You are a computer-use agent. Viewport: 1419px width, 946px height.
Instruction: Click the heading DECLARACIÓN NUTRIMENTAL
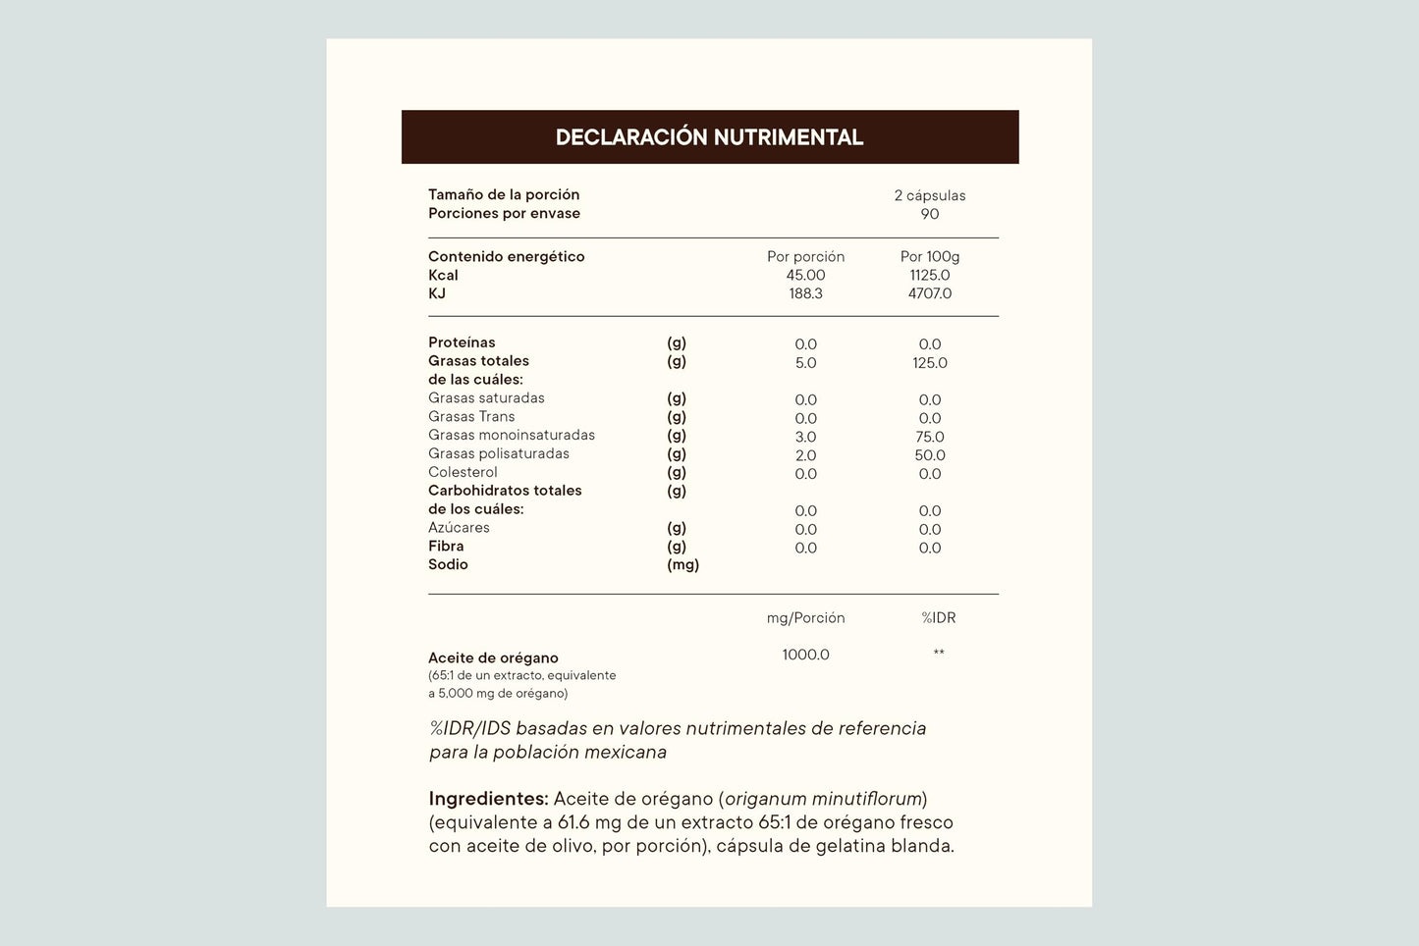[709, 137]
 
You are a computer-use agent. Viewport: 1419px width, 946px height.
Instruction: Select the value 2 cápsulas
[929, 195]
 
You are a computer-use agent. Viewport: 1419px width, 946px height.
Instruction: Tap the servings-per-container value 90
[929, 214]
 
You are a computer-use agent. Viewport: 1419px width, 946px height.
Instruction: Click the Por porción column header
[805, 256]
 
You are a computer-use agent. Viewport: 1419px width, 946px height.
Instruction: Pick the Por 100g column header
[929, 256]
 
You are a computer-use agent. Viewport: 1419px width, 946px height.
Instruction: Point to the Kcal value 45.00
[805, 275]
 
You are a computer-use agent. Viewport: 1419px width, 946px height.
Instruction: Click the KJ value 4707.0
[929, 293]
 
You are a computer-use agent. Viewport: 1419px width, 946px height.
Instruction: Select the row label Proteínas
[462, 342]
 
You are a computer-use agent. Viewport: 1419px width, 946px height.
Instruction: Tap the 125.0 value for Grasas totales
[929, 363]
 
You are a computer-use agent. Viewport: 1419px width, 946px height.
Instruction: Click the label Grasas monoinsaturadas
[512, 435]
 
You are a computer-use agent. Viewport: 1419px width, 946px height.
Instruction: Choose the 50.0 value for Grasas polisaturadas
[929, 455]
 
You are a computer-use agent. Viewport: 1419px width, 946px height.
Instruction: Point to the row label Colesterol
[463, 472]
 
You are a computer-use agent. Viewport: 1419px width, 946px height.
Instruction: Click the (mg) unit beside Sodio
[682, 564]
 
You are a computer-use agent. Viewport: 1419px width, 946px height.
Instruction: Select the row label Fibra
[446, 546]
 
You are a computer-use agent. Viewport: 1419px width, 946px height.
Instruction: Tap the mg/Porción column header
[805, 617]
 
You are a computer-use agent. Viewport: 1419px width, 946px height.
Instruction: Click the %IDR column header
[938, 617]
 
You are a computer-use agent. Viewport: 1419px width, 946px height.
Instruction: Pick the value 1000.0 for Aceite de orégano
[805, 655]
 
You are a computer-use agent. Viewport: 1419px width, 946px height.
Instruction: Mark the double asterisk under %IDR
[938, 653]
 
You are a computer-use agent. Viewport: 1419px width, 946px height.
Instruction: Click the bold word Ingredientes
[488, 799]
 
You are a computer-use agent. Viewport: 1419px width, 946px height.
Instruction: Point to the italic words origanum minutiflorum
[823, 799]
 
